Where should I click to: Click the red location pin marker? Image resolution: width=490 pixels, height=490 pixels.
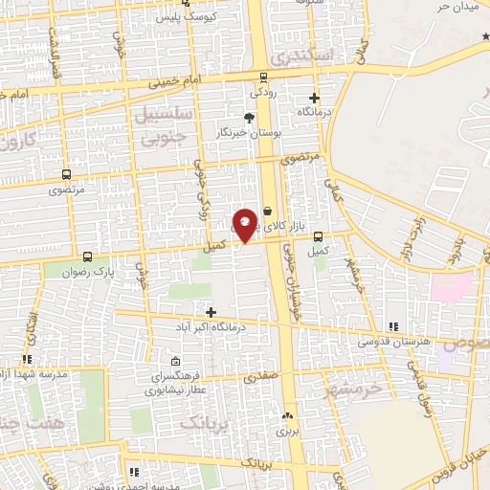(246, 224)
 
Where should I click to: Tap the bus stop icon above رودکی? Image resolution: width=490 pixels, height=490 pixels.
(263, 78)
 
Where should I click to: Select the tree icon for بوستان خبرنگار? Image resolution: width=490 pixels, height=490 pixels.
(250, 117)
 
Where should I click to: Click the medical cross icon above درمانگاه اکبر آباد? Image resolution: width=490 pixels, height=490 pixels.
(212, 312)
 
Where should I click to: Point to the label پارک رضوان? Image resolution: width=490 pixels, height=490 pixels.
(116, 272)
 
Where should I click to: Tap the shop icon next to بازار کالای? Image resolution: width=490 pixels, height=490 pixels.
(267, 208)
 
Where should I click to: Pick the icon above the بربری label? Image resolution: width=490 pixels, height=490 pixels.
(288, 416)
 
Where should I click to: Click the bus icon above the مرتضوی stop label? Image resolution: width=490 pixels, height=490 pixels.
(66, 174)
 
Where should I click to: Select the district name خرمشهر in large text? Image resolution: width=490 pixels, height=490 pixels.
(353, 387)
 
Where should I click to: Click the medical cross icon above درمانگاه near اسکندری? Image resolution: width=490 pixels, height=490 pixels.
(314, 98)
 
